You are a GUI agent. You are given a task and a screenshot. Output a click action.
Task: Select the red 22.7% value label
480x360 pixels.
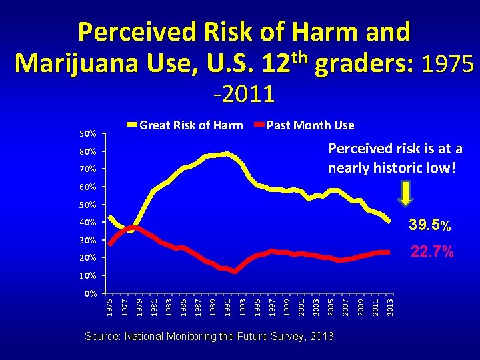pos(431,252)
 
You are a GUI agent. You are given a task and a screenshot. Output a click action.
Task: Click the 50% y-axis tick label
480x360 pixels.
pos(88,205)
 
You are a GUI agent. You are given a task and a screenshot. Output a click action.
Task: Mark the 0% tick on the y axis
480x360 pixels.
pos(90,293)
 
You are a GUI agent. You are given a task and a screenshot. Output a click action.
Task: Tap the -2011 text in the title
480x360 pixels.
pos(244,94)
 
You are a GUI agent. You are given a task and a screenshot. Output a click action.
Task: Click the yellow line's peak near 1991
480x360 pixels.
pos(227,154)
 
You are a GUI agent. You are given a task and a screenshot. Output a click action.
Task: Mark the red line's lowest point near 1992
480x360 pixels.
pos(235,271)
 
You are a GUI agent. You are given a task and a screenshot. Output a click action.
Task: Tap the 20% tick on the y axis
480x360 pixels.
pos(88,258)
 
